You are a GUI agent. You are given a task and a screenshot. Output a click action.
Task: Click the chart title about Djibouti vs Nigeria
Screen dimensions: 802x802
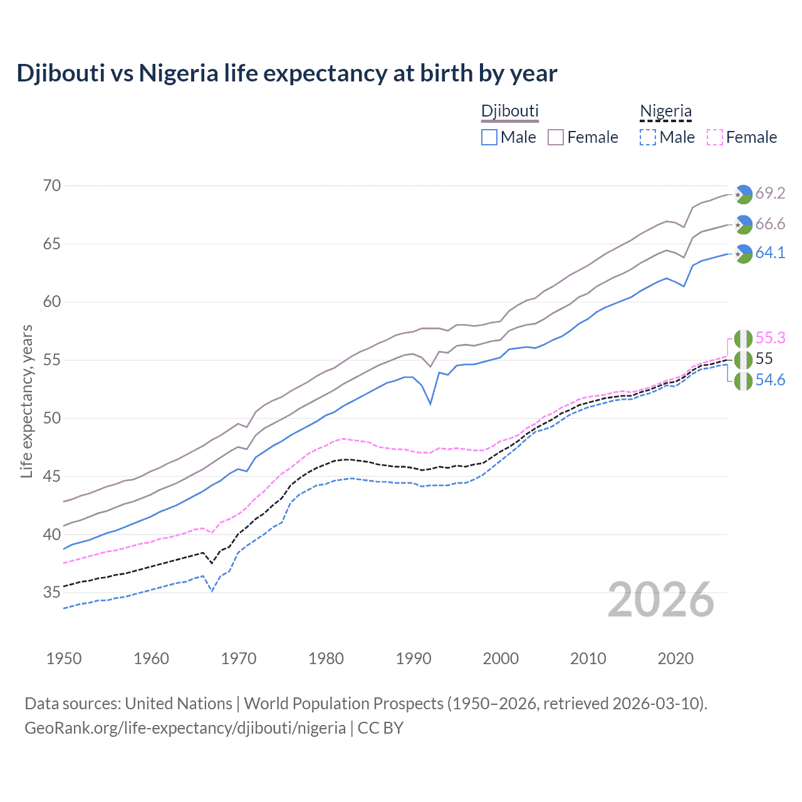pos(286,73)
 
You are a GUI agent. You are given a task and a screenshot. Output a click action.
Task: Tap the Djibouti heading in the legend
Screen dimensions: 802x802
pos(509,111)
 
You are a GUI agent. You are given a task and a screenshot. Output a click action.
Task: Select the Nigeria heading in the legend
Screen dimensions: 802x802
pos(665,111)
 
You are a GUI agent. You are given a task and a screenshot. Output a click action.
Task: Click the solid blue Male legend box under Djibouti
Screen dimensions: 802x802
pos(489,137)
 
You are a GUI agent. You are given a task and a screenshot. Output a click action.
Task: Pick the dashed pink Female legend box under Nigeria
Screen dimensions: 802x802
pos(714,137)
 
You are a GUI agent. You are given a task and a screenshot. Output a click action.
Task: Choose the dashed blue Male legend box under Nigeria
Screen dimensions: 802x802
pos(648,137)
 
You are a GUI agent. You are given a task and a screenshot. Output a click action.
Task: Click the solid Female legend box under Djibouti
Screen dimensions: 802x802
pos(556,137)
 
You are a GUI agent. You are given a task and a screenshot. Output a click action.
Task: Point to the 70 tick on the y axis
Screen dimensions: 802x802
pos(52,185)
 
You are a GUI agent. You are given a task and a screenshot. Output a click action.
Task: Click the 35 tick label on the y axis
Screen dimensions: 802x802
pos(52,592)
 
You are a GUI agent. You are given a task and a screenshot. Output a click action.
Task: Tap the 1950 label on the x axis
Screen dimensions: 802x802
pos(64,659)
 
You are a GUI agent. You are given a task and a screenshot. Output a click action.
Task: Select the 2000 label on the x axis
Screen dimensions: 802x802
pos(501,659)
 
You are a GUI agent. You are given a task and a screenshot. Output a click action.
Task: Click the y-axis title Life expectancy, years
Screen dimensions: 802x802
pos(26,402)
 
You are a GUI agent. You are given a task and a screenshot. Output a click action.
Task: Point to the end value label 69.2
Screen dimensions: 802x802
pos(770,193)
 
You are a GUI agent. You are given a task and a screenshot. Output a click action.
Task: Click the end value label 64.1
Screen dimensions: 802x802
pos(770,253)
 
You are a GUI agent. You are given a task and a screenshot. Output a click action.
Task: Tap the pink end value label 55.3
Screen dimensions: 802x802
pos(770,338)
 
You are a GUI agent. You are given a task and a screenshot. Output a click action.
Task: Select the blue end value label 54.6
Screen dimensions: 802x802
pos(770,380)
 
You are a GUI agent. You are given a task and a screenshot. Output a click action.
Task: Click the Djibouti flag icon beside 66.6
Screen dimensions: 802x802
pos(743,224)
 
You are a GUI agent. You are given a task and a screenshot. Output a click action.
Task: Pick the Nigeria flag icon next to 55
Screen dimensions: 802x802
pos(743,360)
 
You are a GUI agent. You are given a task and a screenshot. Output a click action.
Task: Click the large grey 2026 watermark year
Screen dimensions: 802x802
pos(660,600)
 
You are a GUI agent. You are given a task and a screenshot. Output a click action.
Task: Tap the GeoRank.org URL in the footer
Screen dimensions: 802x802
pos(185,728)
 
